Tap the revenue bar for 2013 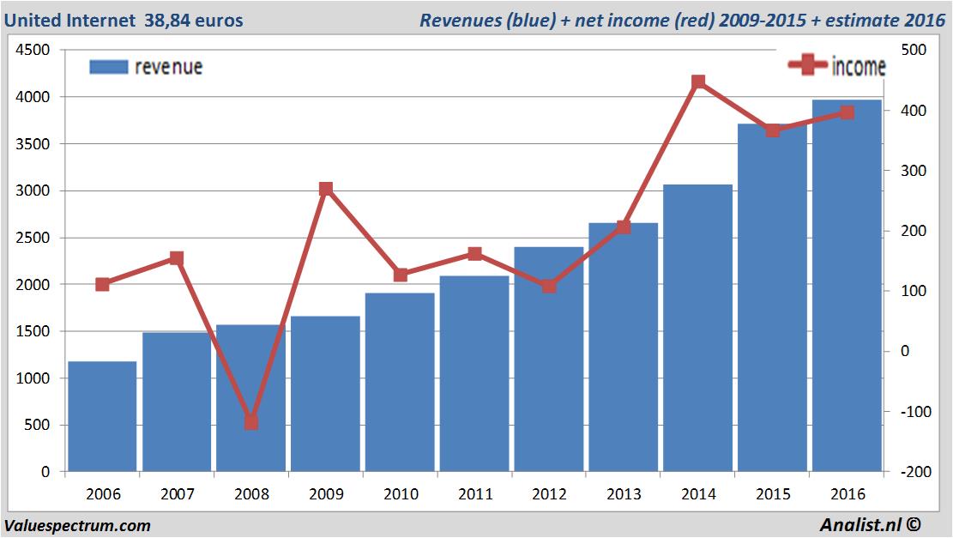coord(623,348)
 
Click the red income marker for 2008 coord(251,422)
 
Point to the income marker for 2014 coord(698,82)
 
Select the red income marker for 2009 coord(326,189)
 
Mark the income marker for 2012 coord(549,286)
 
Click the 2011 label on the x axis coord(475,494)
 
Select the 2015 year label coord(773,494)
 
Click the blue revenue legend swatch coord(108,67)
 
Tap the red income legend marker coord(807,65)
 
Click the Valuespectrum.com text coord(77,525)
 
